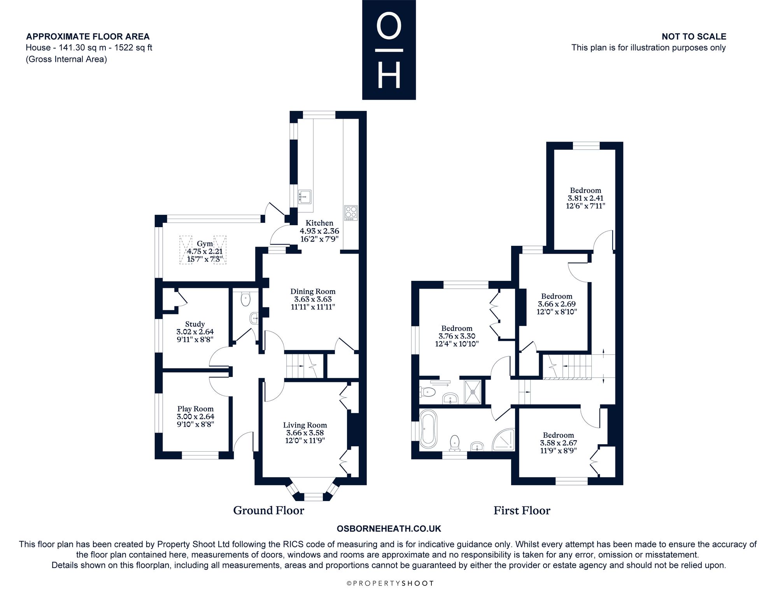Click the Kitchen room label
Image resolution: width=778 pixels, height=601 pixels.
point(319,223)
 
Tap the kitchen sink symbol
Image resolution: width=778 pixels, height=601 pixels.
point(305,197)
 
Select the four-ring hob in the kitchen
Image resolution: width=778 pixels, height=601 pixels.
point(351,213)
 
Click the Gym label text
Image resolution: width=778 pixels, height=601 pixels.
point(205,244)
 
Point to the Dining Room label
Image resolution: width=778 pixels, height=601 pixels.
point(313,291)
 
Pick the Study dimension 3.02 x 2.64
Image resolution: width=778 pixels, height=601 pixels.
point(195,332)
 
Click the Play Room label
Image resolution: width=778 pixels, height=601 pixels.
point(195,409)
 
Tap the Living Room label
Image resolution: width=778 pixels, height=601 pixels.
point(305,425)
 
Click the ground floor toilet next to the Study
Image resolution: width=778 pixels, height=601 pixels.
point(246,300)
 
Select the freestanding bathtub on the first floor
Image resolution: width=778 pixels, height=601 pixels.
point(428,428)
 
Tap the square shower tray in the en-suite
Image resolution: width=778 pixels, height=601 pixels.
point(473,392)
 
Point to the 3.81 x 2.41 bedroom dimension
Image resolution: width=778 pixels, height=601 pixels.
point(585,198)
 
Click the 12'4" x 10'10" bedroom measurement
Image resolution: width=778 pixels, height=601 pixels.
point(457,344)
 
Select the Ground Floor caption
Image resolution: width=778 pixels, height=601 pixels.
point(268,510)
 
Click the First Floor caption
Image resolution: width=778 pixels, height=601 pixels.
point(522,510)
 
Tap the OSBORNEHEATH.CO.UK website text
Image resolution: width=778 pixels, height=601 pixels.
point(389,529)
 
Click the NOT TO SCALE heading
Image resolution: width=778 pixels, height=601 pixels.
point(694,37)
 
